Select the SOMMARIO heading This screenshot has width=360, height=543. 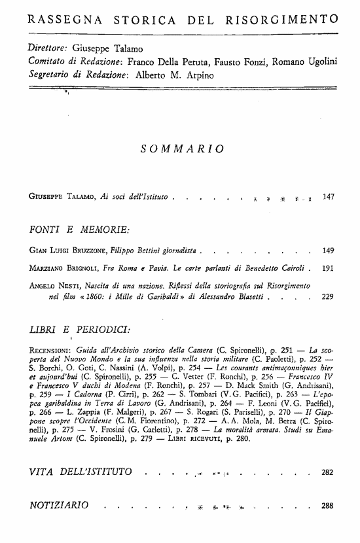click(183, 149)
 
